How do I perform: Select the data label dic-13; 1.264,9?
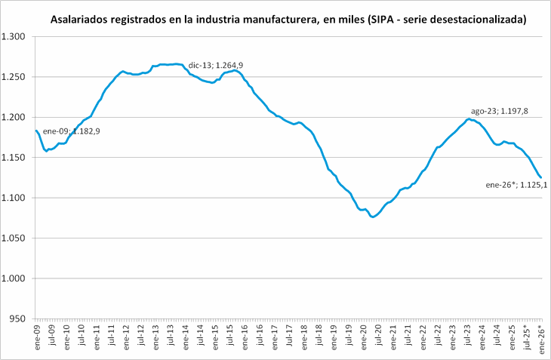click(x=215, y=66)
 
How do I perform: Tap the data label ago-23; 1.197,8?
click(x=500, y=111)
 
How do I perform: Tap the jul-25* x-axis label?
click(x=526, y=335)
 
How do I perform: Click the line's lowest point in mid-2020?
click(x=373, y=217)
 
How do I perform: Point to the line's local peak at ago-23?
click(x=469, y=118)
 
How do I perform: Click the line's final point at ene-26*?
click(x=540, y=177)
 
